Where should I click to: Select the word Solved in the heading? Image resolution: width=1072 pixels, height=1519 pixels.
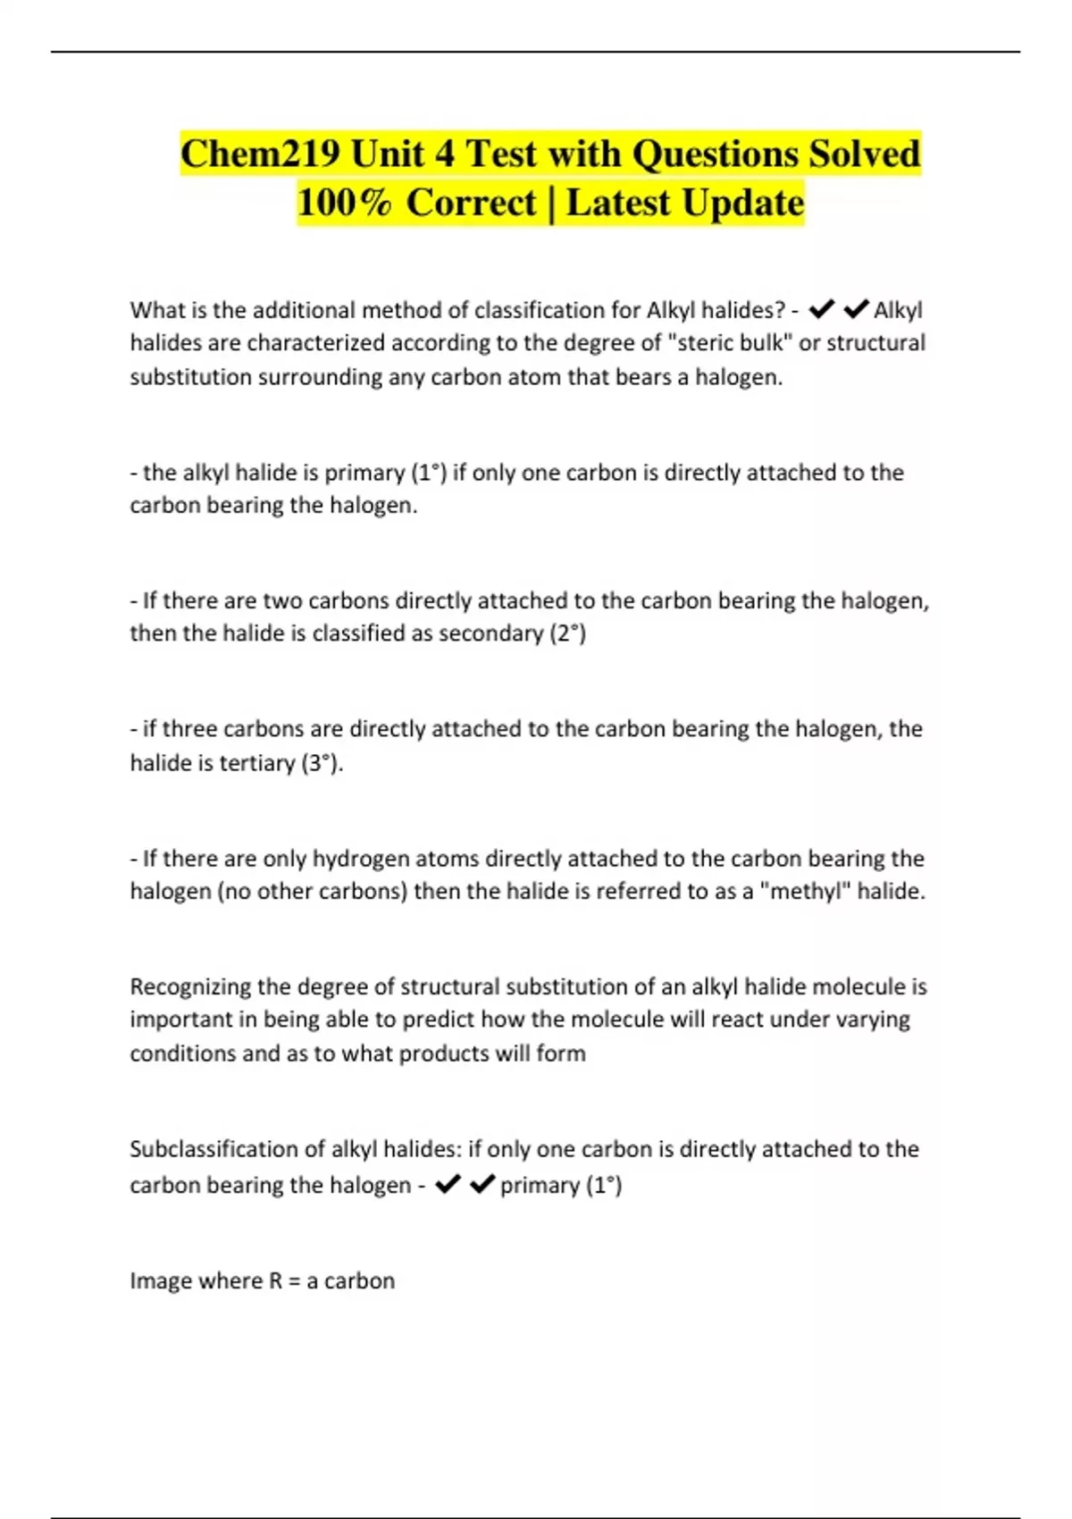[864, 154]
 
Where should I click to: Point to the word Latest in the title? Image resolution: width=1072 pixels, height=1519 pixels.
[617, 203]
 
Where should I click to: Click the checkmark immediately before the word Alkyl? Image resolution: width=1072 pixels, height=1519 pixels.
[856, 309]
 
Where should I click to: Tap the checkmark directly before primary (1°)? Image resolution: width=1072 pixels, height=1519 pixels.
[482, 1184]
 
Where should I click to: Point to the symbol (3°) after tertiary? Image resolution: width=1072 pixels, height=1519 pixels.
[322, 763]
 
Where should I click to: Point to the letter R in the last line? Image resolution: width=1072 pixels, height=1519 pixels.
[276, 1280]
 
